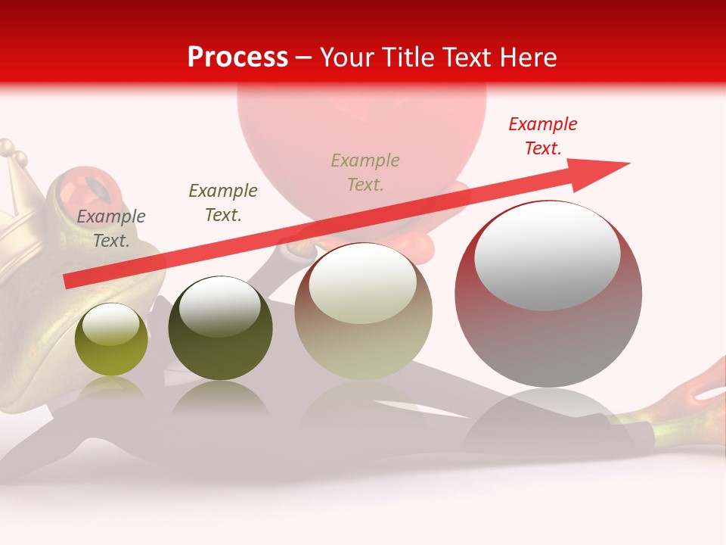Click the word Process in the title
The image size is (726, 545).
coord(237,57)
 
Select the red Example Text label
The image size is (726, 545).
coord(542,136)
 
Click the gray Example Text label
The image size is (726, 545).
coord(110,229)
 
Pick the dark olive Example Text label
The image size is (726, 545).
coord(222,203)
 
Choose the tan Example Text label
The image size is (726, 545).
coord(365,173)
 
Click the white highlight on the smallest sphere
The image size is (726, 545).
coord(110,324)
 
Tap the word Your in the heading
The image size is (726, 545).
coord(349,57)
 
